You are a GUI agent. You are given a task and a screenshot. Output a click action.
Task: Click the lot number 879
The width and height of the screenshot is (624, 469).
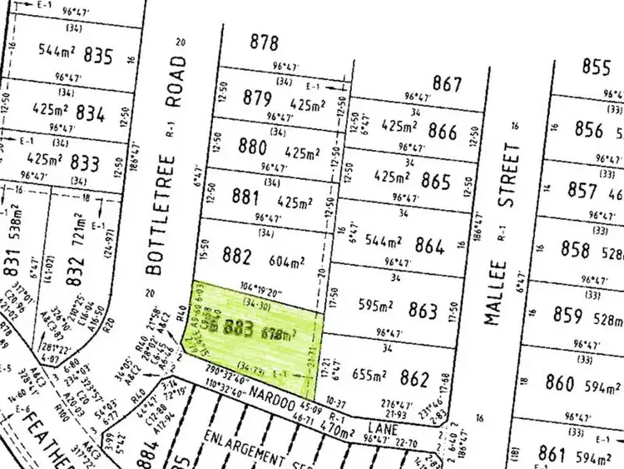click(259, 99)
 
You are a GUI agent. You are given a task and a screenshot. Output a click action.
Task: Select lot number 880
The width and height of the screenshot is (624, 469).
click(252, 147)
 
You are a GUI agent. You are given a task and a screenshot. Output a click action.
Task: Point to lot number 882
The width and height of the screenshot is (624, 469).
click(239, 255)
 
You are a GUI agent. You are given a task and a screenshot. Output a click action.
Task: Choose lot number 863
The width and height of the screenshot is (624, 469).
click(423, 312)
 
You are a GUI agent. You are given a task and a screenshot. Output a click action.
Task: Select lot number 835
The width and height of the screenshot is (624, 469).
click(98, 57)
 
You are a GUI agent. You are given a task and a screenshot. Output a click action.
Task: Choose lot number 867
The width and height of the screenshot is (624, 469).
click(447, 83)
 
